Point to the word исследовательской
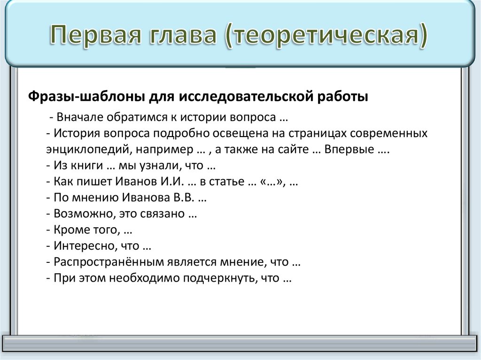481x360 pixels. pos(243,97)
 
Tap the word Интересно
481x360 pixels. pos(78,246)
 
